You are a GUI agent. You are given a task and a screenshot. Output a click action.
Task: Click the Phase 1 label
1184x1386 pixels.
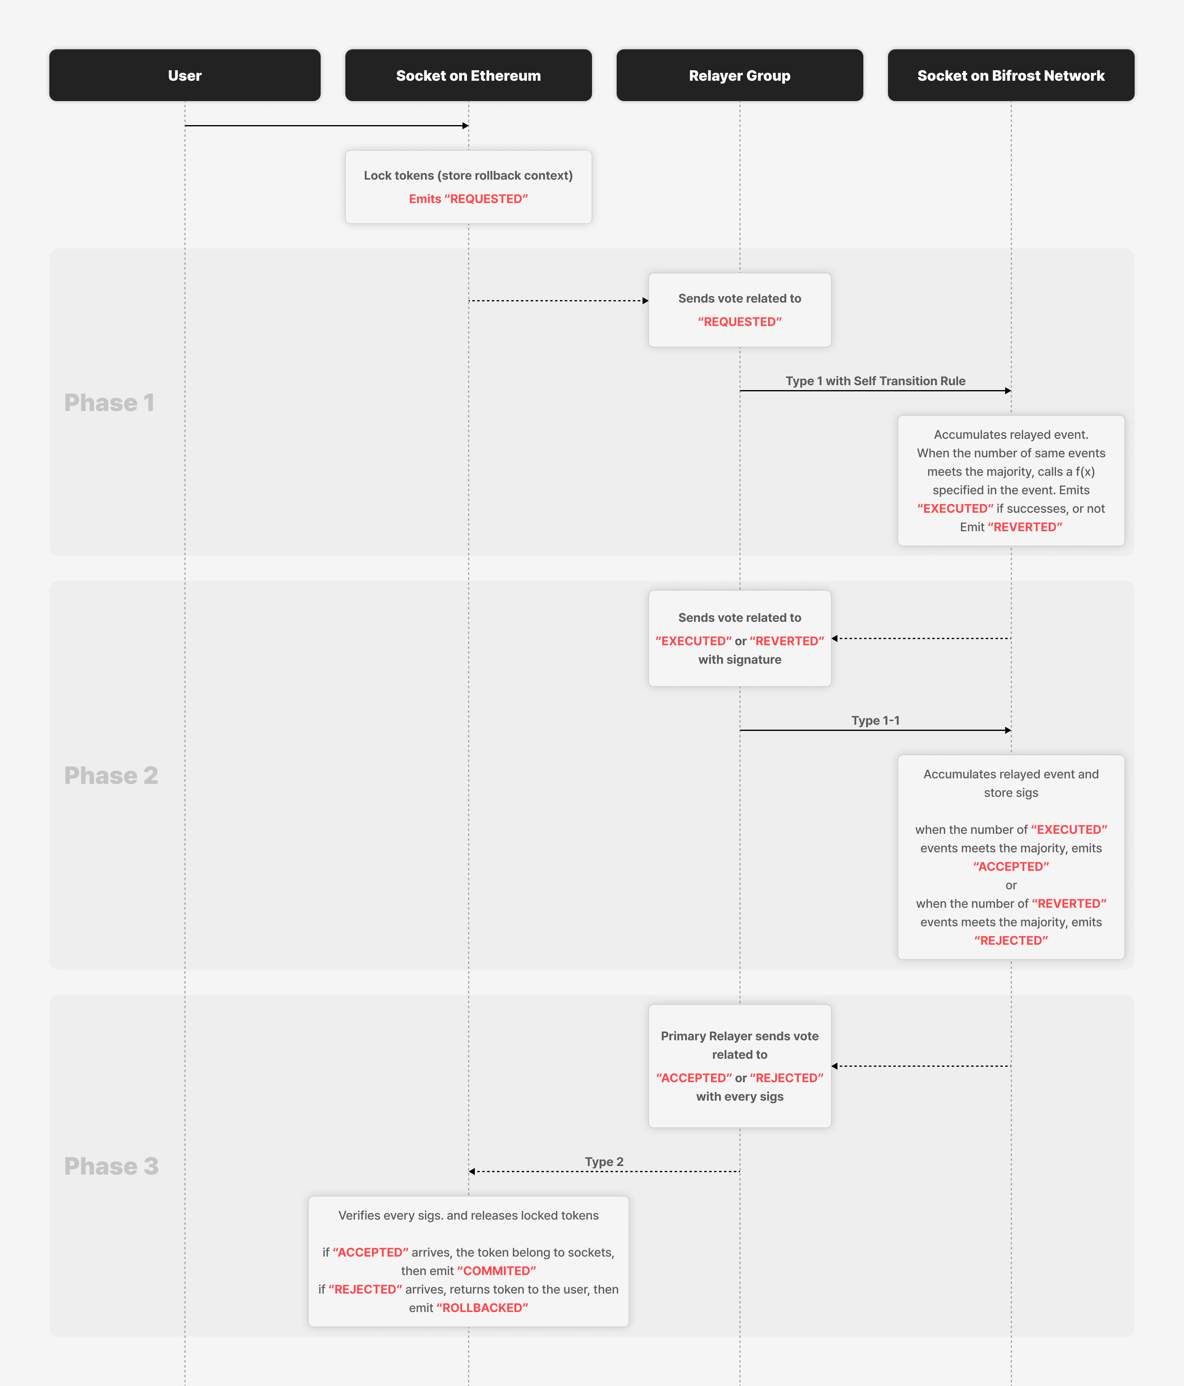109,403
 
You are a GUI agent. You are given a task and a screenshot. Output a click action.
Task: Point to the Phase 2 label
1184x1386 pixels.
111,775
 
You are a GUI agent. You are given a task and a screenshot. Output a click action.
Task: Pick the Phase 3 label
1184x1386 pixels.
111,1166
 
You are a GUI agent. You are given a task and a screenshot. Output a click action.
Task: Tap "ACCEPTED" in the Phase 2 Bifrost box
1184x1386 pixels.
1011,866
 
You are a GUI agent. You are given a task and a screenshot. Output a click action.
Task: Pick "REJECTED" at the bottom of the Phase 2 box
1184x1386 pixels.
1011,940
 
